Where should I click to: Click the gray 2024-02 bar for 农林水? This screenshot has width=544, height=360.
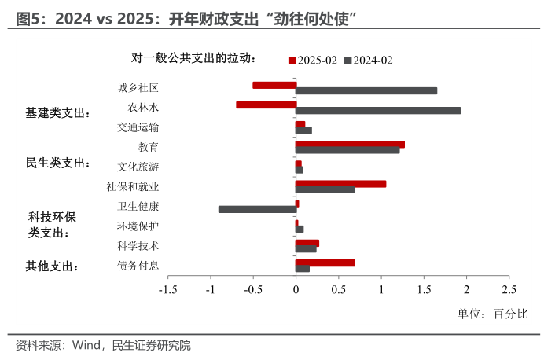tap(378, 110)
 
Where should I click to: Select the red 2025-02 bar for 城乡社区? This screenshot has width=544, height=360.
tap(274, 85)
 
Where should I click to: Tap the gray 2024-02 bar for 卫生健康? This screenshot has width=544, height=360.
tap(256, 209)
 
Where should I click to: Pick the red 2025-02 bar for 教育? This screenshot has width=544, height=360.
tap(350, 144)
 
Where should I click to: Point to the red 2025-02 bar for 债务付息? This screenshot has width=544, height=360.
tap(325, 263)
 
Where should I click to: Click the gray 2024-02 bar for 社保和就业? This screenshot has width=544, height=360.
tap(325, 189)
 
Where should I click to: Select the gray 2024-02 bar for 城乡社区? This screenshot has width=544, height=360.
tap(366, 90)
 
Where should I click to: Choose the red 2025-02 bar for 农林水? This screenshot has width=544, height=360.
tap(266, 105)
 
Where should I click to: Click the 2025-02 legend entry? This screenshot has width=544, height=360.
tap(315, 60)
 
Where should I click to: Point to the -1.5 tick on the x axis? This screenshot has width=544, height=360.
tap(167, 289)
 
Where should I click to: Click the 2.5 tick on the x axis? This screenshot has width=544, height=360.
tap(509, 289)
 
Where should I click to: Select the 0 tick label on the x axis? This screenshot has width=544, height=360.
tap(296, 289)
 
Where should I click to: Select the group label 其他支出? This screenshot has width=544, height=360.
tap(53, 266)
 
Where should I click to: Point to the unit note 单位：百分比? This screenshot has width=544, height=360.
tap(493, 314)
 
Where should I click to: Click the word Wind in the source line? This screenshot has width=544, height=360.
tap(87, 345)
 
